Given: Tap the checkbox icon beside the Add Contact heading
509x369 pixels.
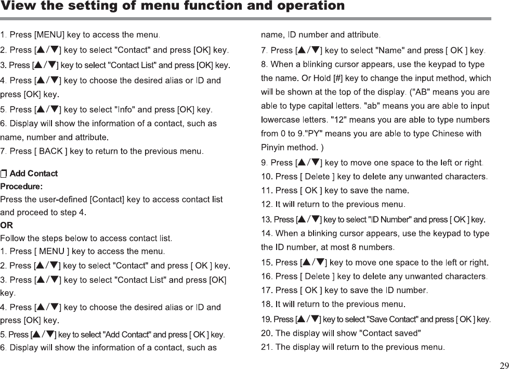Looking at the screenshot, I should pos(4,173).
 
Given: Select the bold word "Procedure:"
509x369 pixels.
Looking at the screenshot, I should pos(21,186).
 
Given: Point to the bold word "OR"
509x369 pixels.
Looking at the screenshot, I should pos(7,226).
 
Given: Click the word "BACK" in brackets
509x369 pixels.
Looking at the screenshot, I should pos(51,151).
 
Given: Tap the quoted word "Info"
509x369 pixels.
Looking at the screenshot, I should pos(124,110).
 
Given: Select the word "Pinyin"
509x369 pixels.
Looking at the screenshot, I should pos(273,147).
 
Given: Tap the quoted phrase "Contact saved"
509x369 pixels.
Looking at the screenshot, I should pos(390,333).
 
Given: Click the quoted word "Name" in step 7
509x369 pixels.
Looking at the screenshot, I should pos(389,50).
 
